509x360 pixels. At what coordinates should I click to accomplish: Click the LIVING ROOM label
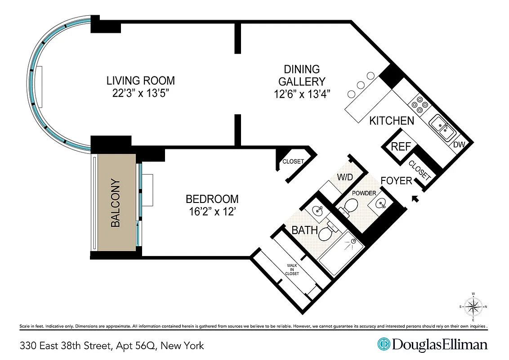pos(140,81)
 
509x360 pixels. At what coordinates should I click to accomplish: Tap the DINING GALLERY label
pos(302,76)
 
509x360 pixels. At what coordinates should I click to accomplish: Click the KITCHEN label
pos(391,121)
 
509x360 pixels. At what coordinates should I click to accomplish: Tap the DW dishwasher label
pos(458,145)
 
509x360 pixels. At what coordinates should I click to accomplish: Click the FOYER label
pos(396,181)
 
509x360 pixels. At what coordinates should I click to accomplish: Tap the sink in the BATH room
pos(318,210)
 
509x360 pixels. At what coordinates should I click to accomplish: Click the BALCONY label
pos(115,203)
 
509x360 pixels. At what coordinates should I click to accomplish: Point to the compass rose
pos(473,307)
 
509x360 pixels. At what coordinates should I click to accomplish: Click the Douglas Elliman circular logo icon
pos(384,345)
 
